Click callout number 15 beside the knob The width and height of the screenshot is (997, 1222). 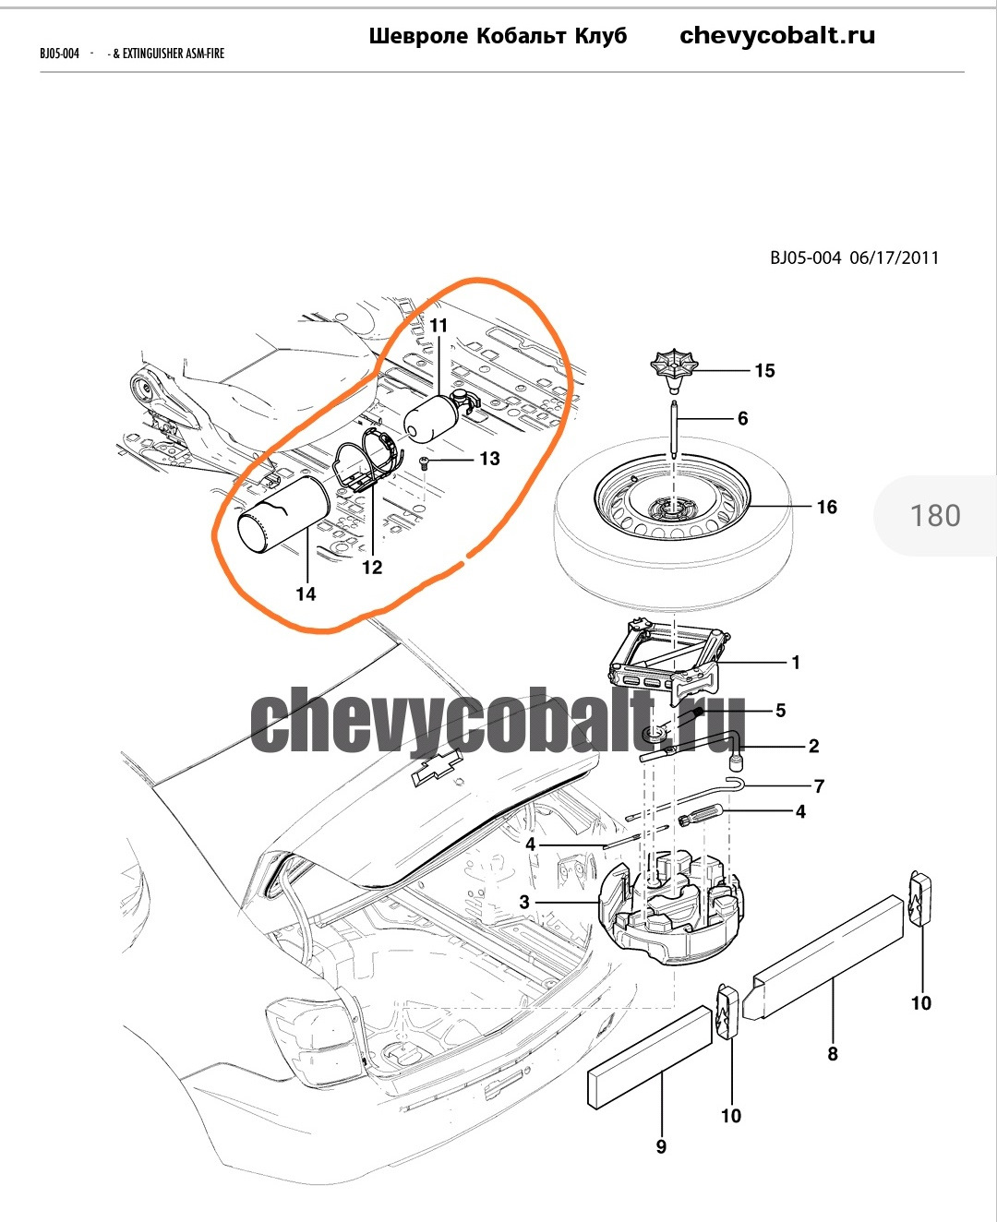(764, 371)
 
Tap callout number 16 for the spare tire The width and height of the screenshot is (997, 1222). (826, 507)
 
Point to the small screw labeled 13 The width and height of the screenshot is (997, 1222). (425, 461)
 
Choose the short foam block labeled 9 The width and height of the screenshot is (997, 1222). (650, 1057)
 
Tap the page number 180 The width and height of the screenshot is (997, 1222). (935, 515)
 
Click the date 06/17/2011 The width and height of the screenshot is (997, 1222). (894, 258)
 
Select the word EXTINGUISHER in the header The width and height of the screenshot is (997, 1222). (153, 54)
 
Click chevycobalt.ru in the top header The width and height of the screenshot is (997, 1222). (777, 36)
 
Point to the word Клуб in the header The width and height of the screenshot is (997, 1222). (601, 36)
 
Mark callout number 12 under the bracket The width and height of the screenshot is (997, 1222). (372, 568)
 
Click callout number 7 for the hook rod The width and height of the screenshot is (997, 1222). (819, 786)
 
